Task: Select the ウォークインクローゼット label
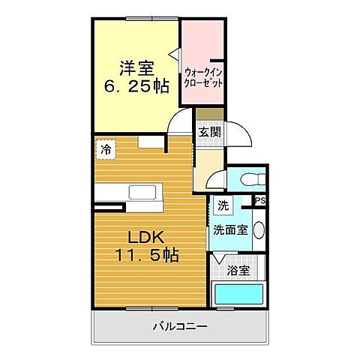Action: [x=203, y=78]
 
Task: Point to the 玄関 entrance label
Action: [x=209, y=130]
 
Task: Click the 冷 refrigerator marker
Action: [x=106, y=149]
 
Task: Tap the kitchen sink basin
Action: [x=142, y=192]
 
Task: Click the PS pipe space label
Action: [x=260, y=201]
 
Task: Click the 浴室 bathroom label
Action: [x=238, y=270]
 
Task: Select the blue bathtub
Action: [x=237, y=295]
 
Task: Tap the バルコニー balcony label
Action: [x=180, y=327]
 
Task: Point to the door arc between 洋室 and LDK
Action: [x=180, y=124]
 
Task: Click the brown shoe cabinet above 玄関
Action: [x=210, y=113]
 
